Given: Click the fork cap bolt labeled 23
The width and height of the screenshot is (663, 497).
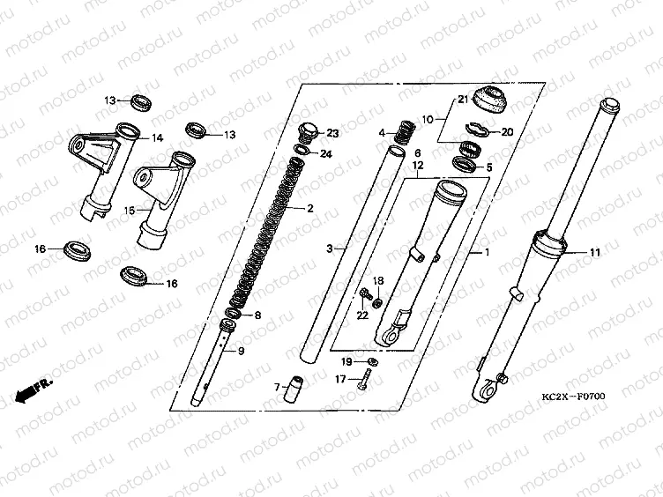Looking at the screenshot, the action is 308,131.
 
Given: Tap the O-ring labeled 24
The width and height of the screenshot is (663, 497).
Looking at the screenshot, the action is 301,150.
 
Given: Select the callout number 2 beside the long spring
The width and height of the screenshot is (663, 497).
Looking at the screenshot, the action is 310,208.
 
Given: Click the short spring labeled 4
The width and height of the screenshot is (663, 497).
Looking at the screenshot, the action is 404,132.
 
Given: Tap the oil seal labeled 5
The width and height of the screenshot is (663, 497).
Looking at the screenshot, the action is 465,164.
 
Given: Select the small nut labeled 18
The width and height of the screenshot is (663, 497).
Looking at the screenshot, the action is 378,302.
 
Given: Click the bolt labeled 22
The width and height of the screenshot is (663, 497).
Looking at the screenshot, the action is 364,293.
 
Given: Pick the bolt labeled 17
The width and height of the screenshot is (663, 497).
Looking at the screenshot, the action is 364,379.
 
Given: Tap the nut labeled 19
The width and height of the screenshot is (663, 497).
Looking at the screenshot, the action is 373,361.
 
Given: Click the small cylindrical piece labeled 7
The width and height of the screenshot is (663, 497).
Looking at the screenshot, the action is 295,389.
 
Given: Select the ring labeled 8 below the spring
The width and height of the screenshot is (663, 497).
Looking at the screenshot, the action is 234,314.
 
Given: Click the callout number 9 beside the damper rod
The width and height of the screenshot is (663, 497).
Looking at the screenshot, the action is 241,351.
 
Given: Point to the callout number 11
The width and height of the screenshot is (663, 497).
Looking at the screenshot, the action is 595,253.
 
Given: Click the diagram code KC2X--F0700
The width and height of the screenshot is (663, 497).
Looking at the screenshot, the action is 574,397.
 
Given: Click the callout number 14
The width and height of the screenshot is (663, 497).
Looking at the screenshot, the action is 157,137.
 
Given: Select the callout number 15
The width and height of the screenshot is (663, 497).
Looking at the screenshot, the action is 130,210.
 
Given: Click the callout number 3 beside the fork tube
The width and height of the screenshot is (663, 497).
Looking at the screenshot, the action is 330,248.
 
